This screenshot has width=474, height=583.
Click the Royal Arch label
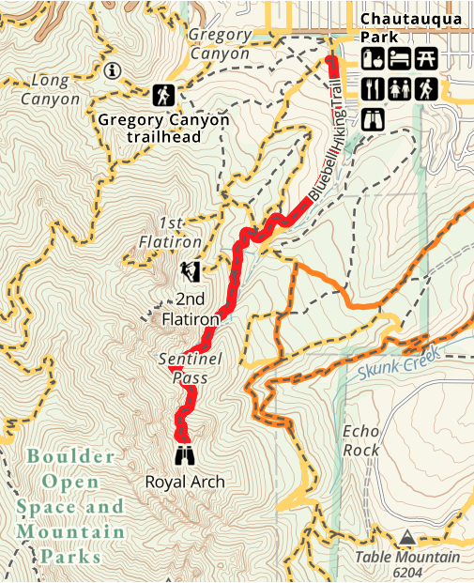point(185,482)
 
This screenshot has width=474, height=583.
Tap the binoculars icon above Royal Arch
point(185,456)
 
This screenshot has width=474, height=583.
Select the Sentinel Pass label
point(182,367)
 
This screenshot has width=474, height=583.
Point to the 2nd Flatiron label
point(191,310)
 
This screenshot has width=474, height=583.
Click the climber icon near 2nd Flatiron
point(191,272)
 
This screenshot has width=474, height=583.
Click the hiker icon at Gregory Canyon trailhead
point(164,95)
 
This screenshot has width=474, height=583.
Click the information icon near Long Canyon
point(114,69)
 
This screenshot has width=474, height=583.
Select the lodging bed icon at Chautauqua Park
point(398,58)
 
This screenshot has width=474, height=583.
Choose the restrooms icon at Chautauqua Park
point(399,89)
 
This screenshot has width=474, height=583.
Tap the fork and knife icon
point(372,89)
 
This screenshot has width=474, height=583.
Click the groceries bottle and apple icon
point(372,58)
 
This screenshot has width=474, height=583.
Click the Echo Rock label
point(361,440)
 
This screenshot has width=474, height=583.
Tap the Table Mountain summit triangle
point(406,537)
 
